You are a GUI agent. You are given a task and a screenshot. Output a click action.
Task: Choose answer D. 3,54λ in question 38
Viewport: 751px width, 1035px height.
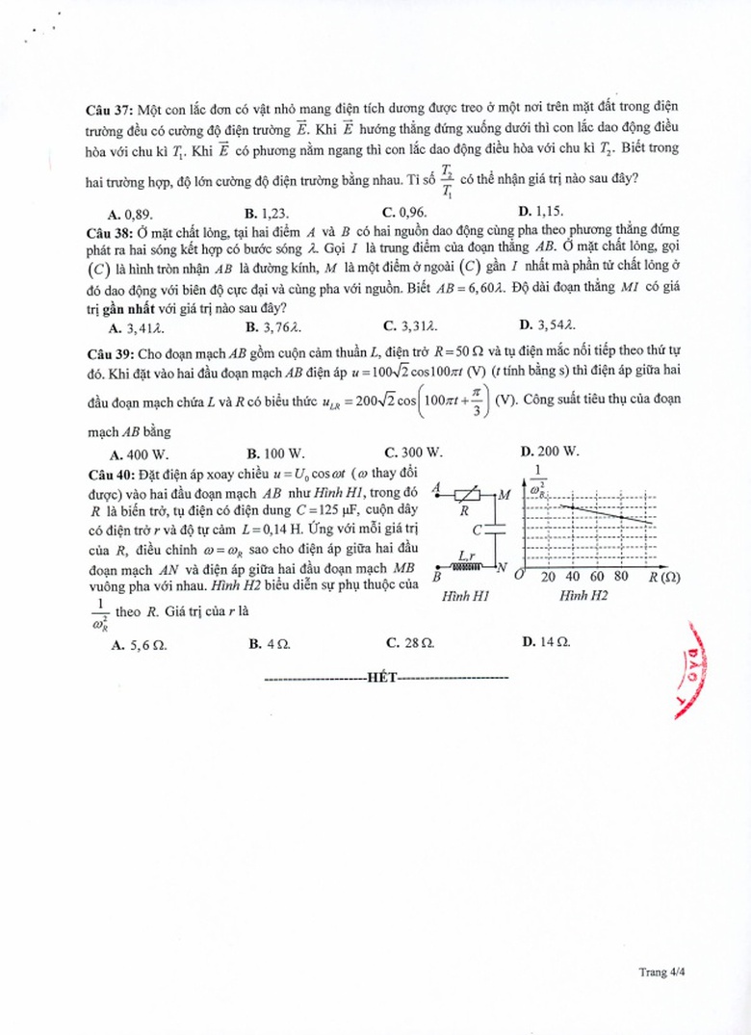(x=549, y=324)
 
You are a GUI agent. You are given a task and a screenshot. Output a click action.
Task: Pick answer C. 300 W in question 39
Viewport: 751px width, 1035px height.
(x=413, y=452)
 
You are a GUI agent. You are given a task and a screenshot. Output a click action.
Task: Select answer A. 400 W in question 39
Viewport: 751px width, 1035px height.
(x=140, y=452)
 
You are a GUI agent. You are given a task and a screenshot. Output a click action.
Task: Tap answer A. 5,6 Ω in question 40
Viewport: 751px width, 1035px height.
(x=141, y=643)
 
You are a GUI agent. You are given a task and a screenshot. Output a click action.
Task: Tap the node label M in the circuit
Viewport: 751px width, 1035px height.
(x=504, y=495)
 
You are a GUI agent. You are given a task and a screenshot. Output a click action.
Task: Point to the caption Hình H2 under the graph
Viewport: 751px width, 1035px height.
(x=583, y=597)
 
